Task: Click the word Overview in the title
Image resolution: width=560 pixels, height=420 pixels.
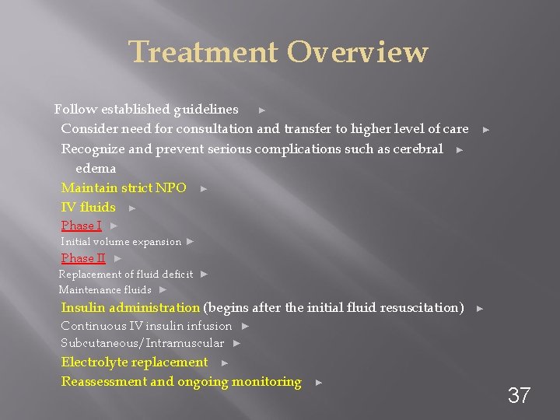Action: [357, 52]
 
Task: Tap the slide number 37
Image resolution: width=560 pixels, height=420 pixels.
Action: [519, 395]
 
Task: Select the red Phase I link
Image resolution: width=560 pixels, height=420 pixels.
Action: [81, 226]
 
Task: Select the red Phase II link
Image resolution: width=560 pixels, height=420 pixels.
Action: [83, 258]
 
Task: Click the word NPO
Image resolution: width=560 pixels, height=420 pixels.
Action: [171, 187]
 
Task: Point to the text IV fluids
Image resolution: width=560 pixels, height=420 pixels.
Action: [88, 207]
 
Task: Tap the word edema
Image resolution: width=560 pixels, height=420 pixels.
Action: [96, 168]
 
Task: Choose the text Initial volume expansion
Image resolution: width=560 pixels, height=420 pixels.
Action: [121, 242]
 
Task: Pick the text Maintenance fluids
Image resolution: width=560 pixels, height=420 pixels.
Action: [105, 290]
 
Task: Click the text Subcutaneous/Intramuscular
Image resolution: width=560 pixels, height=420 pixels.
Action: [142, 343]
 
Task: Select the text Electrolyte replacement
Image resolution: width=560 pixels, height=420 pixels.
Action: [135, 362]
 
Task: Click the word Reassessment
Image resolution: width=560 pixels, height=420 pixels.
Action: [103, 381]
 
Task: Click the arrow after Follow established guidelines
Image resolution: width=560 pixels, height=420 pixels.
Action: [262, 110]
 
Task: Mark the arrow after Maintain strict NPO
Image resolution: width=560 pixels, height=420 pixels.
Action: [203, 188]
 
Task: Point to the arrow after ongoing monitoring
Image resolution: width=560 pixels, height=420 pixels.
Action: [318, 382]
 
